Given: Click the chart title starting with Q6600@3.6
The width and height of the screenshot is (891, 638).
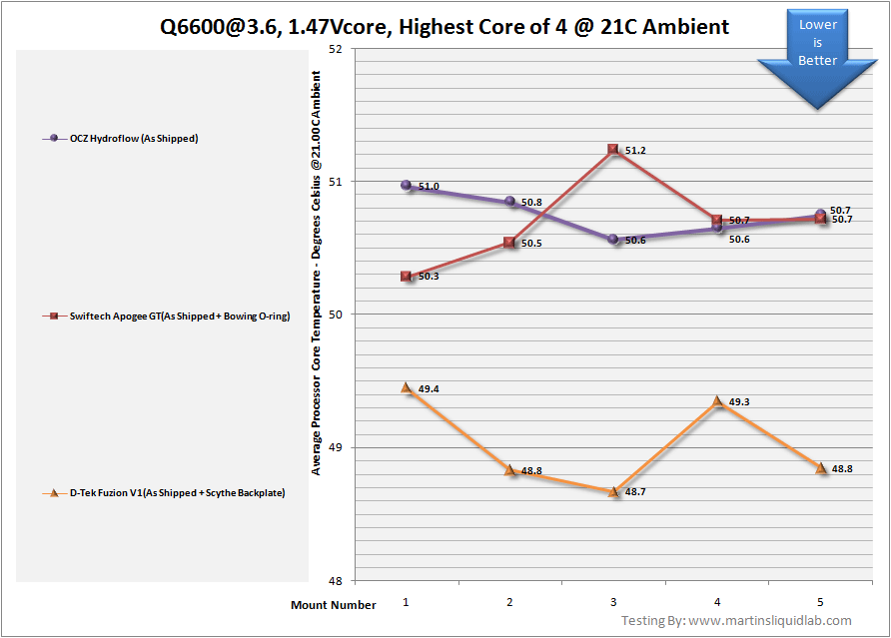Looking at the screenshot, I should pyautogui.click(x=445, y=27).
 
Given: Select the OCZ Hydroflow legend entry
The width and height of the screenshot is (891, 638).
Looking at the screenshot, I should pyautogui.click(x=125, y=138).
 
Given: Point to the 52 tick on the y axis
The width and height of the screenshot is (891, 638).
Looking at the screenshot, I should pyautogui.click(x=335, y=48).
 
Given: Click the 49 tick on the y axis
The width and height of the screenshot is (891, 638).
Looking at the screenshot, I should pyautogui.click(x=335, y=447).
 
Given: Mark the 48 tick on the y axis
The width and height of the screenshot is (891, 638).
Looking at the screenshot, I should pyautogui.click(x=335, y=581).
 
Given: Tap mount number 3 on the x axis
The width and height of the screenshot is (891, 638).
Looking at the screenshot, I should pyautogui.click(x=613, y=603).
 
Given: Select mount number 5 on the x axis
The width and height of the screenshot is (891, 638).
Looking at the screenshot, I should pyautogui.click(x=821, y=603).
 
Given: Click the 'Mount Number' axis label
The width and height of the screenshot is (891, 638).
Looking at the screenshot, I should pyautogui.click(x=334, y=605).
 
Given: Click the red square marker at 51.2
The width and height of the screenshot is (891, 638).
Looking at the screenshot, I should pyautogui.click(x=613, y=150).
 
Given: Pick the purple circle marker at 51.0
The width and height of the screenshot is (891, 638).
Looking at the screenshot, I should pyautogui.click(x=407, y=185).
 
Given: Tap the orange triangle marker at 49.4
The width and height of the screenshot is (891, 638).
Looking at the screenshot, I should pyautogui.click(x=407, y=387).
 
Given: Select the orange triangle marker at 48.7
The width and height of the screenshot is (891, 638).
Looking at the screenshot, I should pyautogui.click(x=613, y=491).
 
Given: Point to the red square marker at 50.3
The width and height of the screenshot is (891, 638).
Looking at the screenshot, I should pyautogui.click(x=407, y=276).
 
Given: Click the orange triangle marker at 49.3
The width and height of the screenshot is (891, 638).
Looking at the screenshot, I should pyautogui.click(x=717, y=401).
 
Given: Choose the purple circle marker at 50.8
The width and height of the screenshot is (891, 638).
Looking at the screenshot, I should pyautogui.click(x=510, y=202).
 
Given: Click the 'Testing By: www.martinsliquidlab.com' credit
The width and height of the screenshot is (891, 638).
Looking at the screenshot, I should pyautogui.click(x=736, y=621).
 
